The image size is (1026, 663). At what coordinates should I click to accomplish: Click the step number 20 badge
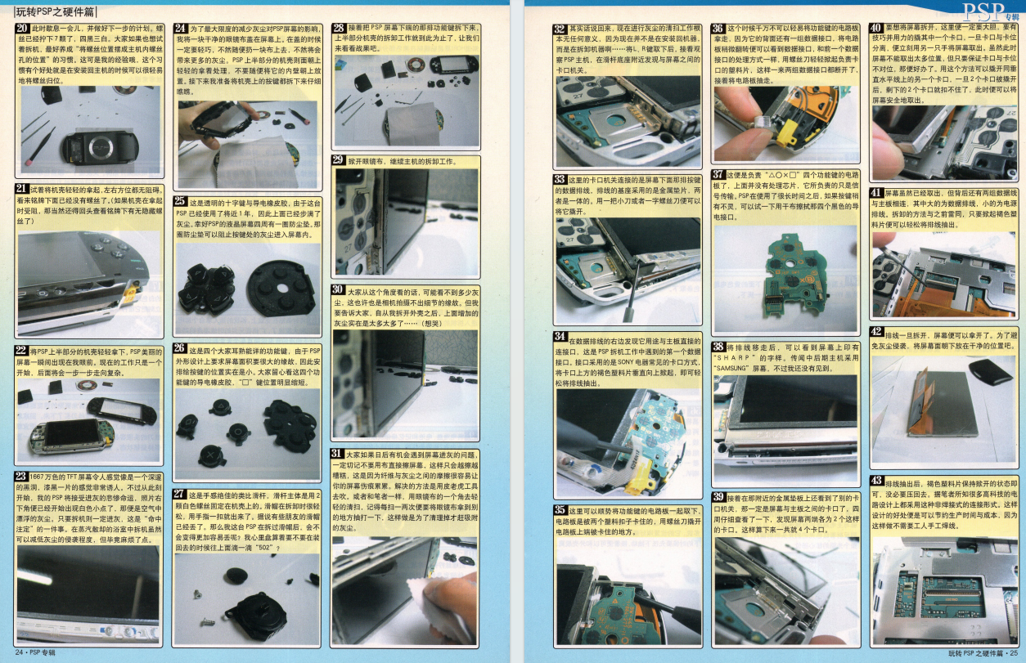tap(23, 29)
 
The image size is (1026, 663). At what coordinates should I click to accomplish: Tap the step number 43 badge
tap(876, 480)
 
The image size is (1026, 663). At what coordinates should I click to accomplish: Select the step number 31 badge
tap(338, 454)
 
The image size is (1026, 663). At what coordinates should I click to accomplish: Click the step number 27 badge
tap(181, 495)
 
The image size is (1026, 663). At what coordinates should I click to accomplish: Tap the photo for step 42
tap(943, 405)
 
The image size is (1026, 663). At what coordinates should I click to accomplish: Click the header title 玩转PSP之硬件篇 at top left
tap(55, 11)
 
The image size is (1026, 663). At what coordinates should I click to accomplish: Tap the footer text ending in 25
tap(977, 653)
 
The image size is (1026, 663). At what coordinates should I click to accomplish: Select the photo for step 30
tap(405, 384)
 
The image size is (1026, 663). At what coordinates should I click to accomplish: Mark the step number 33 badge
tap(560, 179)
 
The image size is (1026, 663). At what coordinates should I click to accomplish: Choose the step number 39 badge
tap(719, 497)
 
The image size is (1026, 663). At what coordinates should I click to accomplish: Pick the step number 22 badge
tap(23, 351)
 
